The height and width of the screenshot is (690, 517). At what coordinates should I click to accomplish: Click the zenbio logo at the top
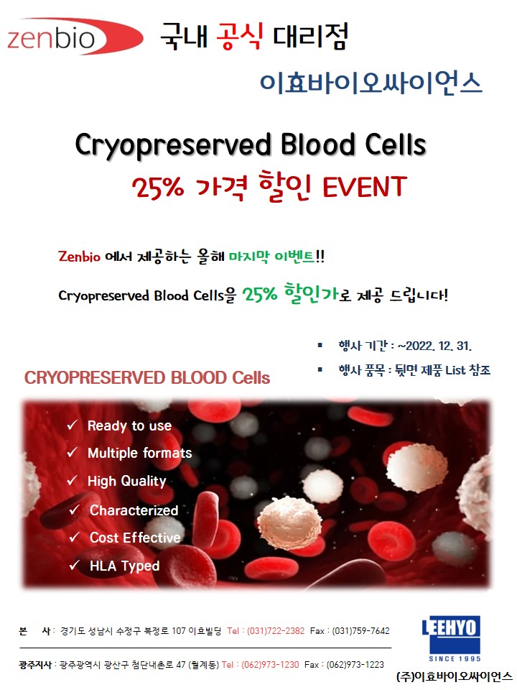click(75, 37)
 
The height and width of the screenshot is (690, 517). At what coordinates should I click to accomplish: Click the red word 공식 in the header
click(240, 36)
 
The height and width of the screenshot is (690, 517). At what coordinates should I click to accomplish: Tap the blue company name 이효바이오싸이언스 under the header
click(371, 83)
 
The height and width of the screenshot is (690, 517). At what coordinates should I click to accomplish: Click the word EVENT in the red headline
click(365, 187)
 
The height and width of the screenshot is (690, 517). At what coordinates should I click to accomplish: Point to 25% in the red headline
click(157, 188)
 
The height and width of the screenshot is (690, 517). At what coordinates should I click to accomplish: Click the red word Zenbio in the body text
click(79, 256)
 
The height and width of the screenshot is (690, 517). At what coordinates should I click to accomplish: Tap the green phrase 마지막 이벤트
click(271, 256)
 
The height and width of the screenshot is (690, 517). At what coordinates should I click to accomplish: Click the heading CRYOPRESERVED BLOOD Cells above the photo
click(146, 377)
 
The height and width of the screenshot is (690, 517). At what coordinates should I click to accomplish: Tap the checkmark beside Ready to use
click(72, 425)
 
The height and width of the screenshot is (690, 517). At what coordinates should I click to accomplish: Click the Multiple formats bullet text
click(140, 453)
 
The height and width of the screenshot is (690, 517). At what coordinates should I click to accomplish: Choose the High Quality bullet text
click(127, 481)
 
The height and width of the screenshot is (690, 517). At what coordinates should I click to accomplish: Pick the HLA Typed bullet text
click(124, 566)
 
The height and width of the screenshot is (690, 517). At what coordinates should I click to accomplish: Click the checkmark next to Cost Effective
click(74, 537)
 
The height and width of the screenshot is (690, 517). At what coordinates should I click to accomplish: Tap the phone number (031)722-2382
click(276, 631)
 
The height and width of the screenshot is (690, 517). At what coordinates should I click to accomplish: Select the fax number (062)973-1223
click(355, 664)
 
